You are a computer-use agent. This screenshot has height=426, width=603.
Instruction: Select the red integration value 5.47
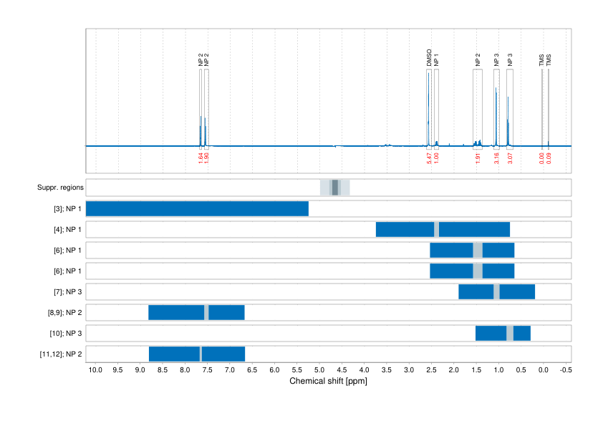click(x=429, y=158)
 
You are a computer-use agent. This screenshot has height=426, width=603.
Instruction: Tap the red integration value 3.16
click(x=496, y=158)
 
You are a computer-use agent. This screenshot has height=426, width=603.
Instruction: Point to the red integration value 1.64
click(x=201, y=158)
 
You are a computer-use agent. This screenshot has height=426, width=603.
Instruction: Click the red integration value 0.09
click(x=549, y=158)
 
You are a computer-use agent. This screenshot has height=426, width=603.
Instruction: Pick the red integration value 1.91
click(x=478, y=158)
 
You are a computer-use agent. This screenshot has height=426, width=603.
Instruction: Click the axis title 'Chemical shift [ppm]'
click(x=328, y=381)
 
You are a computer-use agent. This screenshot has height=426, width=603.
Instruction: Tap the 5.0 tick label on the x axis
click(x=319, y=370)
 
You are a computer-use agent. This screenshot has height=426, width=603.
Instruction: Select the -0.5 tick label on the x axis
click(x=565, y=370)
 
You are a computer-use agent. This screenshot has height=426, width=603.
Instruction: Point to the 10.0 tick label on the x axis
click(x=95, y=370)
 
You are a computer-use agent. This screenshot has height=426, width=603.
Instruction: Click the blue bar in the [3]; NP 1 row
click(x=197, y=209)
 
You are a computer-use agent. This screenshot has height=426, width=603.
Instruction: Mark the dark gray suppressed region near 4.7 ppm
click(x=334, y=188)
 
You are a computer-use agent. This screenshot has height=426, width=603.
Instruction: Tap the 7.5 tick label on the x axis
click(x=207, y=370)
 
